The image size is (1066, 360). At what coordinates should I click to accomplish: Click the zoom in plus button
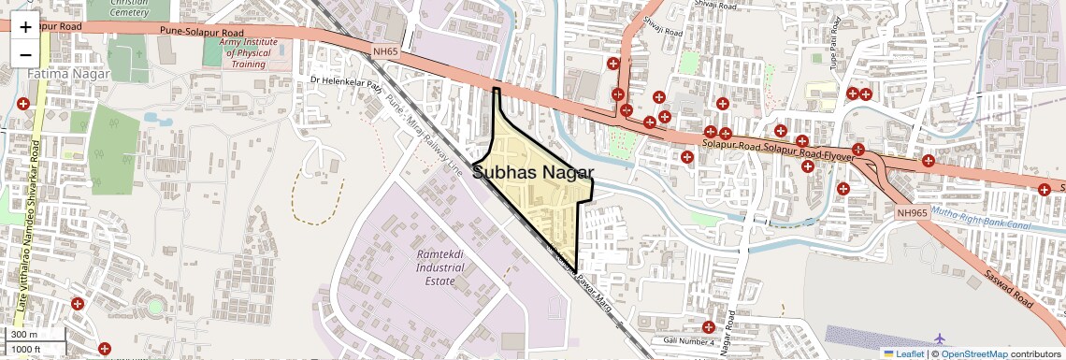tap(25, 27)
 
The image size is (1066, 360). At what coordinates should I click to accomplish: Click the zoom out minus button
tap(25, 54)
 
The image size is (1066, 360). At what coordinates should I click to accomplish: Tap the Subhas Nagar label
tap(533, 171)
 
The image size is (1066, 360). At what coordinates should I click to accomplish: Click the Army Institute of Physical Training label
tap(245, 53)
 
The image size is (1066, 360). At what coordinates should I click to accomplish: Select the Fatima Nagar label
tap(68, 73)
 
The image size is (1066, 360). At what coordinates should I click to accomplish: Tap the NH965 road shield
tap(911, 213)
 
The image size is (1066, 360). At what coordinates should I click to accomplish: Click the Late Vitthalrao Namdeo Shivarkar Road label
tap(27, 224)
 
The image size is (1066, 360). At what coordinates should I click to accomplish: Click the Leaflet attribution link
tap(908, 353)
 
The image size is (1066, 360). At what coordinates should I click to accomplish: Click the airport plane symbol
tap(941, 338)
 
